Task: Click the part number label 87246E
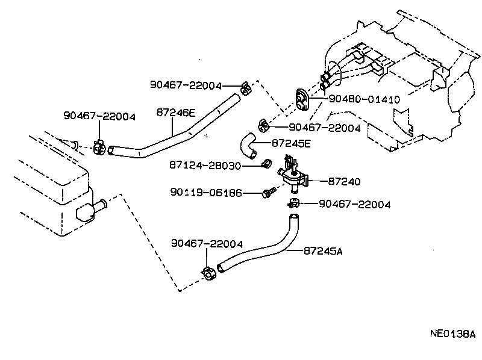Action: [x=175, y=112]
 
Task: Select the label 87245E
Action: [x=291, y=143]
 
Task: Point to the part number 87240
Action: [x=345, y=180]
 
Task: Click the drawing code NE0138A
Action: [x=452, y=334]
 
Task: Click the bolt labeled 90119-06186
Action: [x=268, y=193]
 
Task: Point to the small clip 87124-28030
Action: [x=264, y=164]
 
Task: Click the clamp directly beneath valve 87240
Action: [x=293, y=203]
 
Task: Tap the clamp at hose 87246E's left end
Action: [x=99, y=147]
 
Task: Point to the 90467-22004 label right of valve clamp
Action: [x=354, y=205]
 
